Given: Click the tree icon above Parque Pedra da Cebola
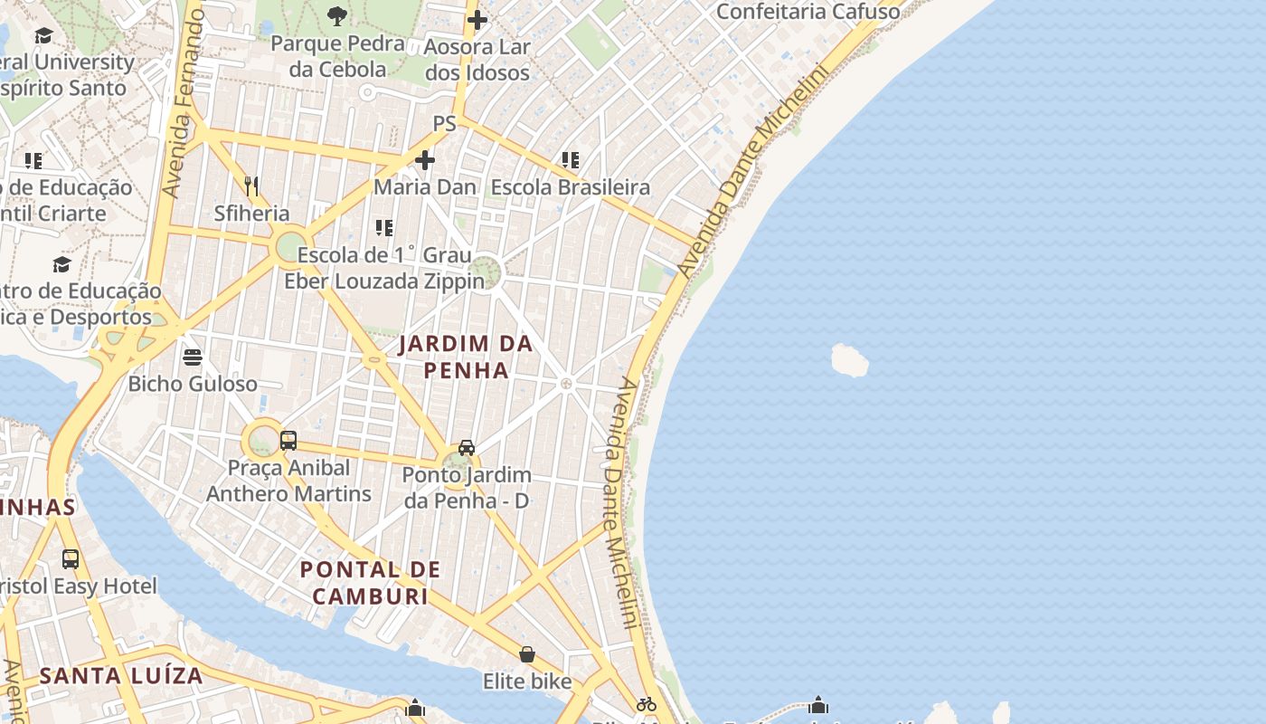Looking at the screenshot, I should tap(337, 15).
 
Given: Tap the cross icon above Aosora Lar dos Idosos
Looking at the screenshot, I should tap(477, 20).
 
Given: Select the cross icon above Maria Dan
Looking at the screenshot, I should tap(424, 161).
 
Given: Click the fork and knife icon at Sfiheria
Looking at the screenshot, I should tap(251, 186).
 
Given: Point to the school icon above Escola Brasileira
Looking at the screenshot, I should tap(570, 160).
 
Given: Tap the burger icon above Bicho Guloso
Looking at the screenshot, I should tap(192, 357).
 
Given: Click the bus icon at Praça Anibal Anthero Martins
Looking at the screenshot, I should tap(288, 441).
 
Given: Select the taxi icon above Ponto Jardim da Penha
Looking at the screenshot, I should tap(467, 447).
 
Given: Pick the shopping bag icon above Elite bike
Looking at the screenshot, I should tap(527, 653).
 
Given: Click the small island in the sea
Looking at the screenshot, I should tap(849, 360).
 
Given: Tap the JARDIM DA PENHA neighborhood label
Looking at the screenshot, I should tap(466, 357).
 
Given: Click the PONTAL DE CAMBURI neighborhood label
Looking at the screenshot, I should tap(371, 583).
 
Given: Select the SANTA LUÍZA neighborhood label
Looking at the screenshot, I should tap(121, 675).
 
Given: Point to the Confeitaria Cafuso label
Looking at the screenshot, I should tap(808, 12).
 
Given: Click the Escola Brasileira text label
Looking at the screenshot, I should tap(570, 187).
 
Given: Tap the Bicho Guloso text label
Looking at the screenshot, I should tap(193, 384).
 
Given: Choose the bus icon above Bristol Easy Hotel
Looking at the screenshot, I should tap(71, 558).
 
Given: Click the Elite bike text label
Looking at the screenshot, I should tap(527, 681).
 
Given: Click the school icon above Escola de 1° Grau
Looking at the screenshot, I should tap(384, 227).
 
